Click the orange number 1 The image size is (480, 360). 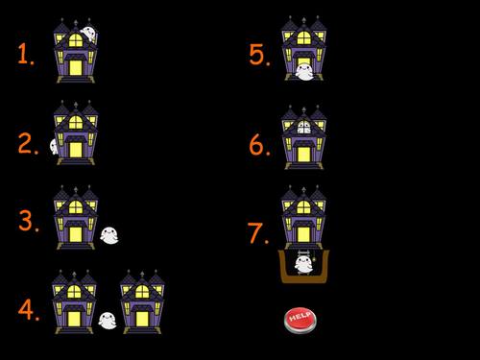point(25,54)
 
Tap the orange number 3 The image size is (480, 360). point(28,222)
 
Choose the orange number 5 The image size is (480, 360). point(257,55)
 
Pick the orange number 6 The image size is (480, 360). point(258,144)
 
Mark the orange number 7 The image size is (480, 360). point(256,232)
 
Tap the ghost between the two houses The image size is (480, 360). point(108,321)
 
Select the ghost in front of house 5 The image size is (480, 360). point(304,71)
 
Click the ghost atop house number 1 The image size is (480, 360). point(87,34)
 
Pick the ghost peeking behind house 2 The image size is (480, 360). point(55,146)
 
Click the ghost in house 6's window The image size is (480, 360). point(304,126)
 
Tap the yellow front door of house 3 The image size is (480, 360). point(76,230)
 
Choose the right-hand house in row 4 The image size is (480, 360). point(142,300)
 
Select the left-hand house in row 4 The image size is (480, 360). point(75,300)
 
